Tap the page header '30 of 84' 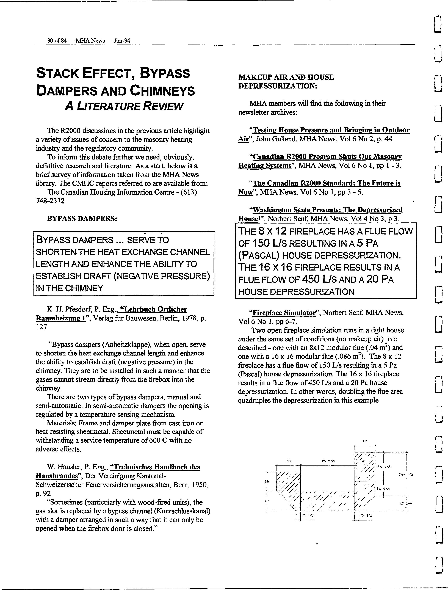coord(57,41)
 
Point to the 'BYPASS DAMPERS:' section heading coord(82,218)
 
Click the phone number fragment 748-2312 coord(50,201)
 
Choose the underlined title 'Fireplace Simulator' coord(284,313)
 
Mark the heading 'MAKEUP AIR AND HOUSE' coord(286,77)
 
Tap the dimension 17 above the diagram coord(365,441)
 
